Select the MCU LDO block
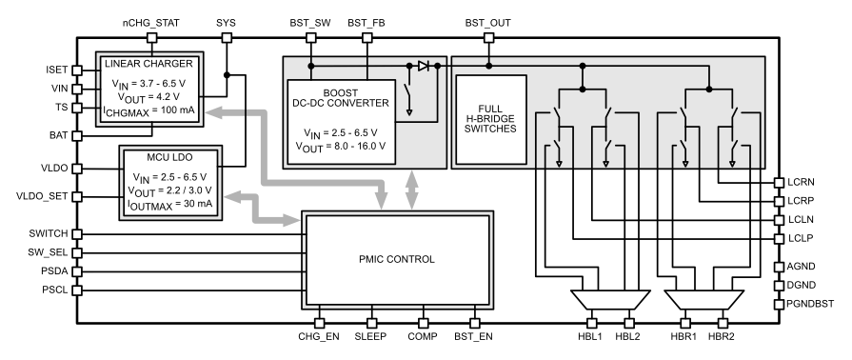(x=169, y=183)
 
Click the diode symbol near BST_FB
(x=423, y=66)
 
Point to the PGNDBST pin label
(x=815, y=304)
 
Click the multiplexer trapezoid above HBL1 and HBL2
(x=608, y=302)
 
